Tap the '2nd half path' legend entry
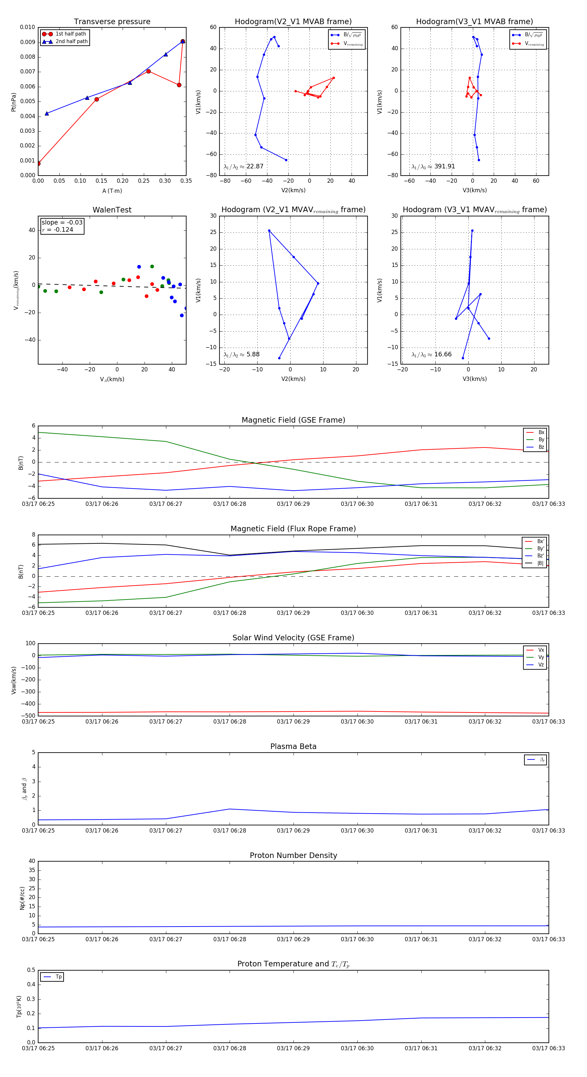[71, 41]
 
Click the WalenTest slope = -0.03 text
[62, 223]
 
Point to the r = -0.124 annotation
[58, 229]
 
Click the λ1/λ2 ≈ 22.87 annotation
[244, 166]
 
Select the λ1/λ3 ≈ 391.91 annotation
[433, 166]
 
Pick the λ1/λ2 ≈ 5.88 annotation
[241, 354]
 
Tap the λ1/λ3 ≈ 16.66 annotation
[431, 354]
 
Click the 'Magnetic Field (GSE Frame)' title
[293, 420]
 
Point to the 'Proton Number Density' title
[293, 855]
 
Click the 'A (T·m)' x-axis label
[112, 191]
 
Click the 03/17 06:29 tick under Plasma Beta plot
[293, 830]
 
